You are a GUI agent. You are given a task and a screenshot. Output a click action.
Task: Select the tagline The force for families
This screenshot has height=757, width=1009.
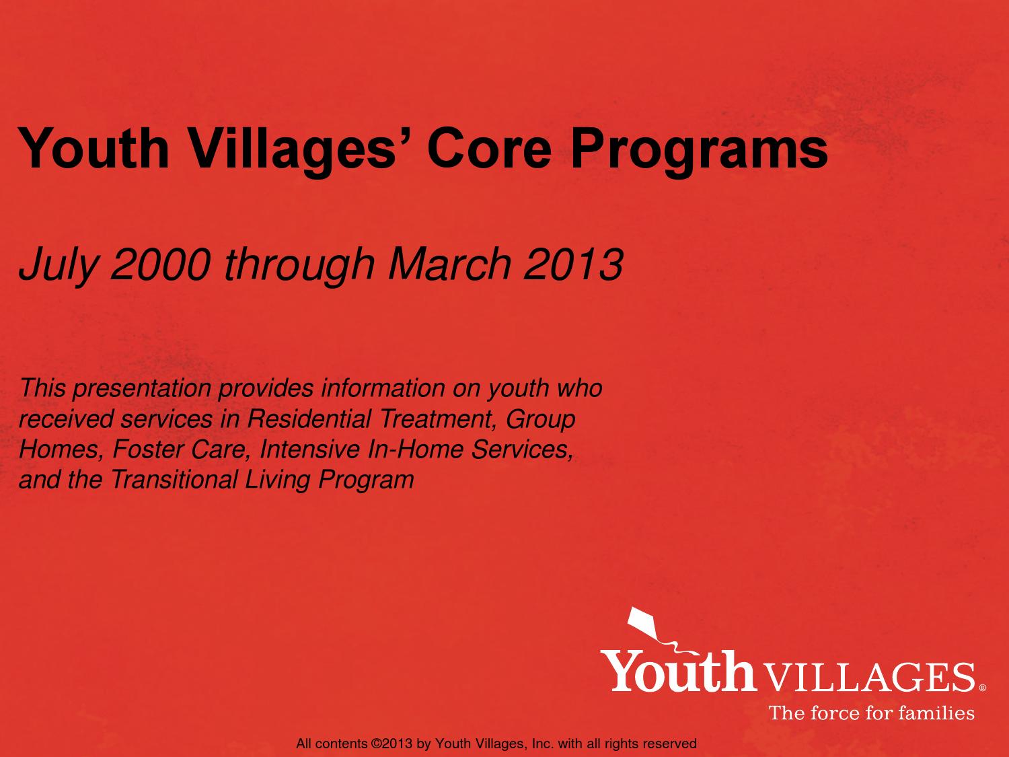click(x=872, y=713)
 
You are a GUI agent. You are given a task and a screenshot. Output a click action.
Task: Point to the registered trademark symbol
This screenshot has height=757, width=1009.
click(x=983, y=688)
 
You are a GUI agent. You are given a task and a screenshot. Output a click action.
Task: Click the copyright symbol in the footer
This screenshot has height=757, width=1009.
click(x=375, y=744)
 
